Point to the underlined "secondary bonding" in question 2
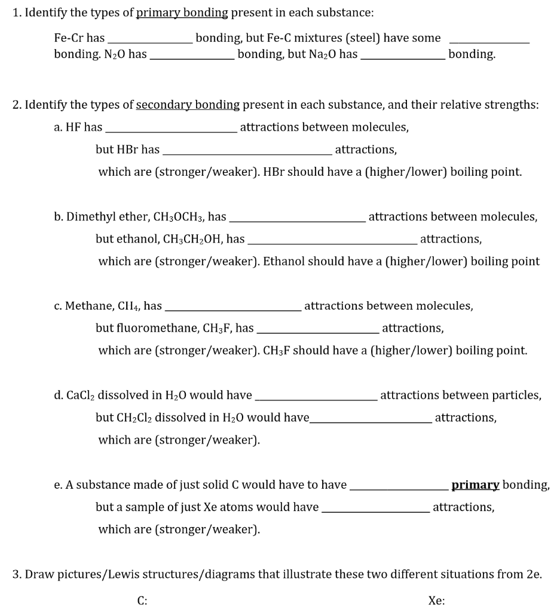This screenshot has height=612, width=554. coord(188,105)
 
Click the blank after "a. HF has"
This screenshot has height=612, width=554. coord(171,130)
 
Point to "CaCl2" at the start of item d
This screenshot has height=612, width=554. coord(78,396)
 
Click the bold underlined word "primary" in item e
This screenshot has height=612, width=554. coord(475,485)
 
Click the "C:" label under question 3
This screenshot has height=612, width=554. coord(142,601)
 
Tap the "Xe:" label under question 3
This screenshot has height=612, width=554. coord(436,601)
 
